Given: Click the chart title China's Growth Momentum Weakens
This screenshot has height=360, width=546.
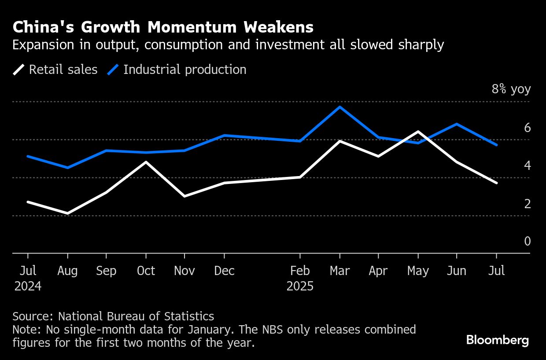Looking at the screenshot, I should [x=163, y=27].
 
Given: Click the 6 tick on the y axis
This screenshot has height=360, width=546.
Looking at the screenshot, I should [x=527, y=128].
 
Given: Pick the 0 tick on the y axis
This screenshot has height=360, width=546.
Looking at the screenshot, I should [x=527, y=241].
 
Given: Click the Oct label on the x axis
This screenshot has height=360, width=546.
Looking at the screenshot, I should [x=146, y=271].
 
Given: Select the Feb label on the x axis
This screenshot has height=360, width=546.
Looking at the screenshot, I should [x=300, y=271].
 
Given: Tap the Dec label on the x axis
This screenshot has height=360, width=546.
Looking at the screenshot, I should [x=224, y=271].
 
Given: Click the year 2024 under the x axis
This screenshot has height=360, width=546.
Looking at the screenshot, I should [x=28, y=287].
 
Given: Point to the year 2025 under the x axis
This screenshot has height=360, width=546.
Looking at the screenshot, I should [x=300, y=287].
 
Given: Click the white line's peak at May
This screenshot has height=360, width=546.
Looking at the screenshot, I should [x=418, y=132].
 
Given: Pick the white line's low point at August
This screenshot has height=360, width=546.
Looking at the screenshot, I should [x=67, y=213].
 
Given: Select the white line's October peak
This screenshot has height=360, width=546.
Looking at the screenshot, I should [x=146, y=162].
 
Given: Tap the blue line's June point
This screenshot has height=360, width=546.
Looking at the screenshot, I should [x=457, y=124].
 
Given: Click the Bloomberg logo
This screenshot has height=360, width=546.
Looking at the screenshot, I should [x=497, y=340].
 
